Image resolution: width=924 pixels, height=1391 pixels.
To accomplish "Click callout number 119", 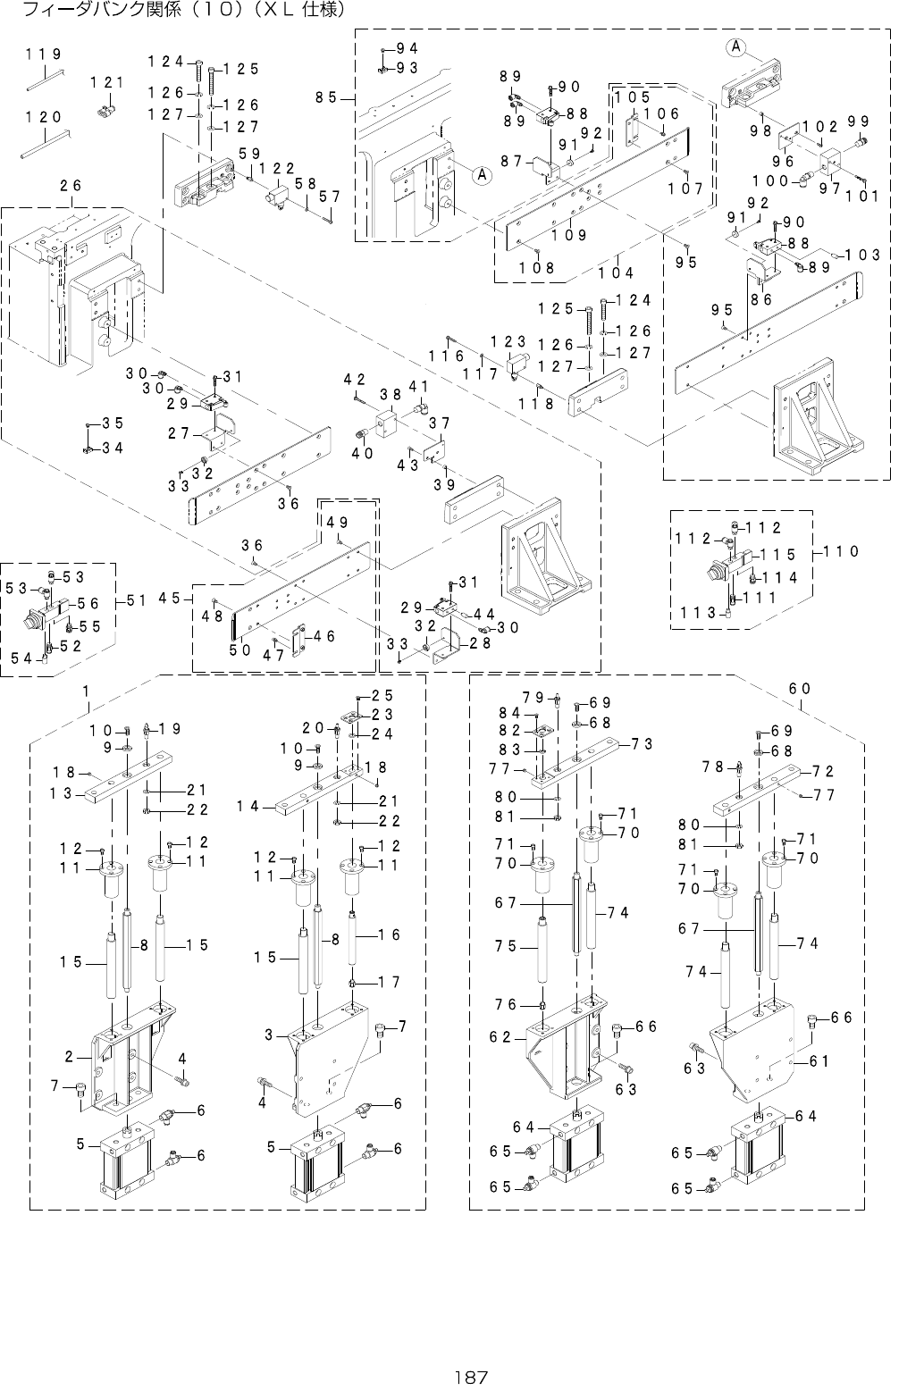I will tap(43, 54).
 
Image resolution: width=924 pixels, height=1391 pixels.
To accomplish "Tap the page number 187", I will tap(463, 1377).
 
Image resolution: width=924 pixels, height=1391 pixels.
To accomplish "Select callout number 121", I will tap(107, 82).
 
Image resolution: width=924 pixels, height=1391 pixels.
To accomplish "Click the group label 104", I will tap(616, 272).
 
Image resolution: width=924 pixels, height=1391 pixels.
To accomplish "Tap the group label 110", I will tap(841, 551).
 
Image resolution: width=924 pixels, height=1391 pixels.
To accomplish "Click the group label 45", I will tap(170, 597).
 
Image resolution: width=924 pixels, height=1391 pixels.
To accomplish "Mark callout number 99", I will tap(859, 121).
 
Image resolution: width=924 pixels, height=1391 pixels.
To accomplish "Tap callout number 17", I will tap(388, 982).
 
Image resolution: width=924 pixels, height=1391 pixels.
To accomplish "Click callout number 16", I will tap(388, 934).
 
